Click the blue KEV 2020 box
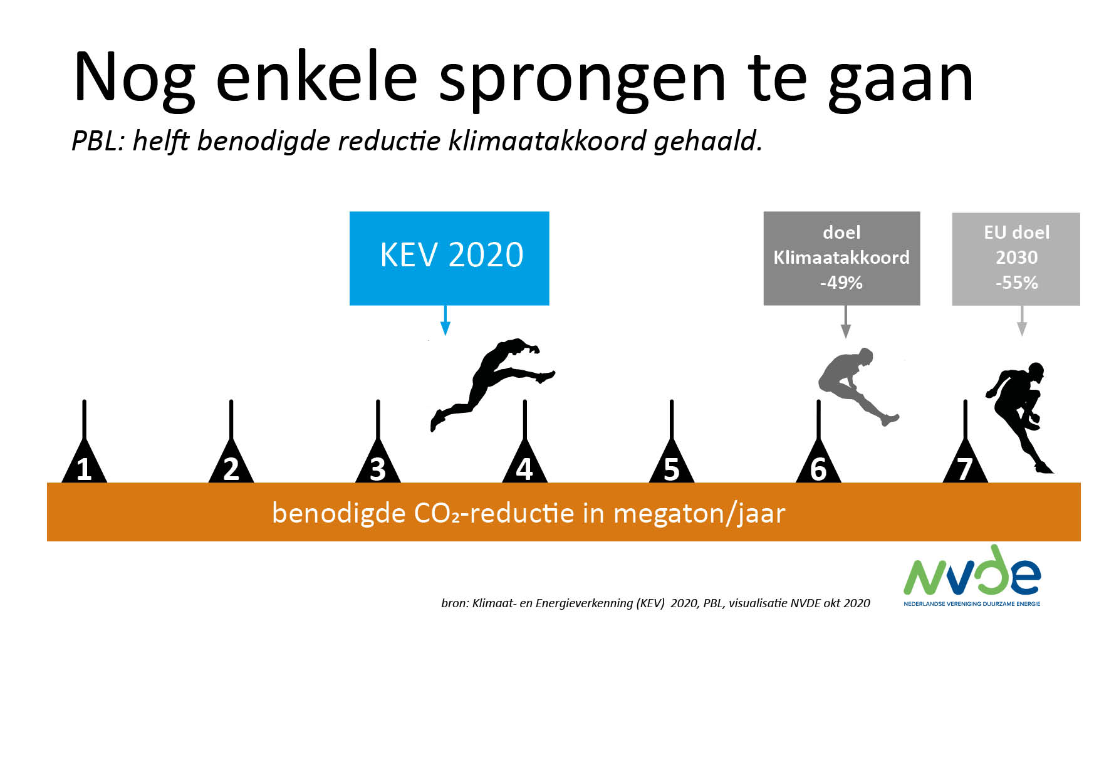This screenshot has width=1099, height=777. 449,258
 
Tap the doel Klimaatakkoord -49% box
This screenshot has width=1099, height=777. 841,258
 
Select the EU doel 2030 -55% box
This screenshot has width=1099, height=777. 1016,259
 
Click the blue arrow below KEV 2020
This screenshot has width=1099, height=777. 445,320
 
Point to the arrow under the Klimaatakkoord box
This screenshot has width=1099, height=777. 846,322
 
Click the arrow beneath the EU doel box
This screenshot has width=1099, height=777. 1022,321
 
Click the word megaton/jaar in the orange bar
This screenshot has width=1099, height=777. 699,514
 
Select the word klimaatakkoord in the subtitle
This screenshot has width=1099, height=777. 547,140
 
